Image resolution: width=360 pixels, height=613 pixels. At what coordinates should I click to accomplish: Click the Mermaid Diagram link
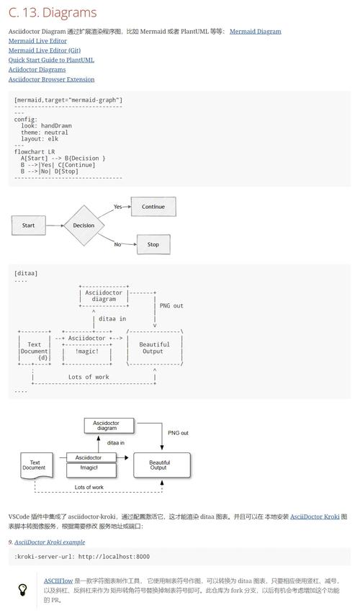(256, 32)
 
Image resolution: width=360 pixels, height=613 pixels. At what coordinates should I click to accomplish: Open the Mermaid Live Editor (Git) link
(45, 50)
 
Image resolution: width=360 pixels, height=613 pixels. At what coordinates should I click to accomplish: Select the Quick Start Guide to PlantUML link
(51, 60)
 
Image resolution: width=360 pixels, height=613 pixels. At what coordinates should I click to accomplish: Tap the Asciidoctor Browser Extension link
(52, 79)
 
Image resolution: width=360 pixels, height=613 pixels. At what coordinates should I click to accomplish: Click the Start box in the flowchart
(29, 225)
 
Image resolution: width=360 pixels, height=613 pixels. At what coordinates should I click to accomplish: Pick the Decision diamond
(84, 225)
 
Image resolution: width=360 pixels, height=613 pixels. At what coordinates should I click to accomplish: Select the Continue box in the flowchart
(153, 207)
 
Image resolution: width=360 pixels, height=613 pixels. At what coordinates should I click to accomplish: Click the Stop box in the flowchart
(153, 244)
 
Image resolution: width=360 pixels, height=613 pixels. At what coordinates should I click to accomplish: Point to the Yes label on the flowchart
(117, 207)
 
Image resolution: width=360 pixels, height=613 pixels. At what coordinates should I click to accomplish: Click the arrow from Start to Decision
(54, 225)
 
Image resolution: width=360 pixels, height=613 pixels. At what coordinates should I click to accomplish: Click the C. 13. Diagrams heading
(53, 12)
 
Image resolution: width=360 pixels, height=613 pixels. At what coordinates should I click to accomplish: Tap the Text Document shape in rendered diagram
(37, 465)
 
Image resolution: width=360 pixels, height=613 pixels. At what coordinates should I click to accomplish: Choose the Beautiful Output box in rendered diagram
(162, 465)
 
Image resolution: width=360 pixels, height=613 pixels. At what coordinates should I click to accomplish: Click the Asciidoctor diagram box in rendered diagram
(109, 426)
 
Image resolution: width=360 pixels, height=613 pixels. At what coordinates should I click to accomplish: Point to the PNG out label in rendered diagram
(178, 433)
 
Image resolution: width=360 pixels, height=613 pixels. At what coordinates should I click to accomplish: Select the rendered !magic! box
(91, 470)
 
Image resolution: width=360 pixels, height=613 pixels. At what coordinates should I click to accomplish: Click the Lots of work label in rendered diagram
(89, 487)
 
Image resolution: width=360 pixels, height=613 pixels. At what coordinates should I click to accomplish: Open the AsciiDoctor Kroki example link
(50, 542)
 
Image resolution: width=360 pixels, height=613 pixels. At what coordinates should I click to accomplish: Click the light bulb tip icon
(22, 590)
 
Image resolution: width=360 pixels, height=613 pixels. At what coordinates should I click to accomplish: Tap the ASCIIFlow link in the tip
(58, 581)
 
